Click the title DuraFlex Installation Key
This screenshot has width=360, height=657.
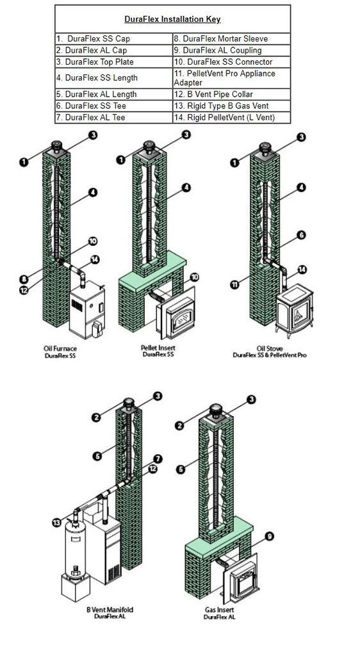[172, 20]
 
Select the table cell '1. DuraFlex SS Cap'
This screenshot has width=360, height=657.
[113, 39]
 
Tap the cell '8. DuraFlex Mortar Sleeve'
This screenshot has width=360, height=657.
[231, 39]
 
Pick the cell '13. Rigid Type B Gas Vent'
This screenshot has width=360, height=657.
[231, 106]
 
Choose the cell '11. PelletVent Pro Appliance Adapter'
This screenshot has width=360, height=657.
[231, 78]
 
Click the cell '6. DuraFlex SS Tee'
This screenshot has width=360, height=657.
[113, 106]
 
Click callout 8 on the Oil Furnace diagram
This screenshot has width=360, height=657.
[24, 279]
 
